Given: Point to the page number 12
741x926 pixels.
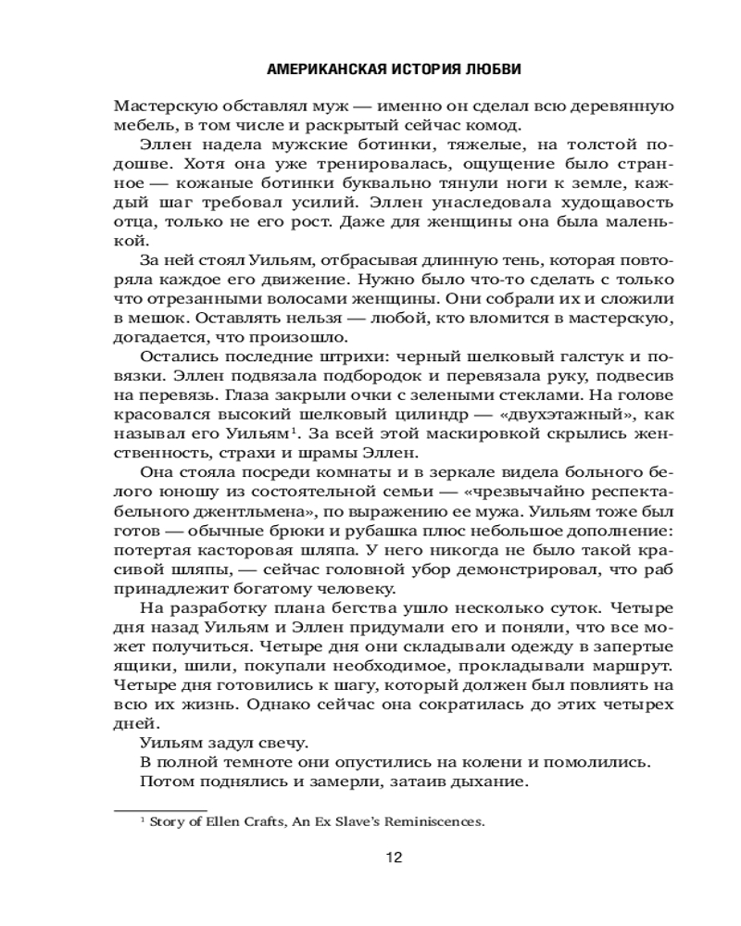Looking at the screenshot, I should click(x=393, y=857).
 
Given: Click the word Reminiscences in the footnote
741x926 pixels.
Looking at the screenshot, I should click(x=434, y=820).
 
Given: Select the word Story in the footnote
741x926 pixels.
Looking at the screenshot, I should click(x=169, y=820).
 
